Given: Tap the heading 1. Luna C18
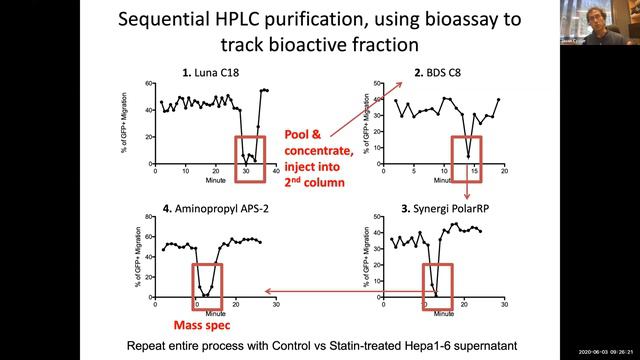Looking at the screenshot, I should point(209,72).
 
